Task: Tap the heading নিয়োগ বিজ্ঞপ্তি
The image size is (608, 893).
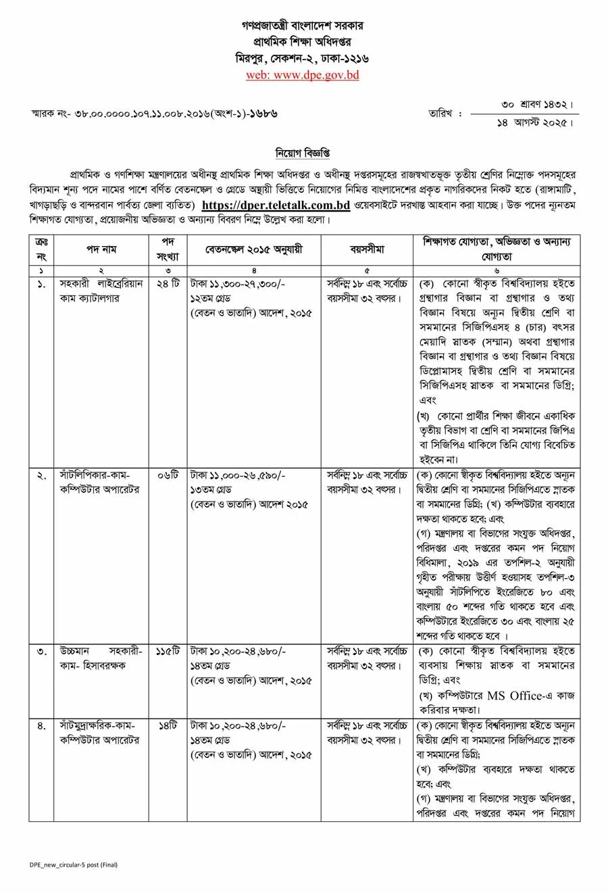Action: (303, 153)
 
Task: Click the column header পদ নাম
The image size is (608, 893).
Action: (101, 249)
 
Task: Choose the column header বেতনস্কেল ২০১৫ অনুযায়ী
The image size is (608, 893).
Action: (254, 249)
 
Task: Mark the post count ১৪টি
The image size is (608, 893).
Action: (168, 725)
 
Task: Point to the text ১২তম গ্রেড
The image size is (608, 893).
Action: (213, 298)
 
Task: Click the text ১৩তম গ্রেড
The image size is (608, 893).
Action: (213, 489)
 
